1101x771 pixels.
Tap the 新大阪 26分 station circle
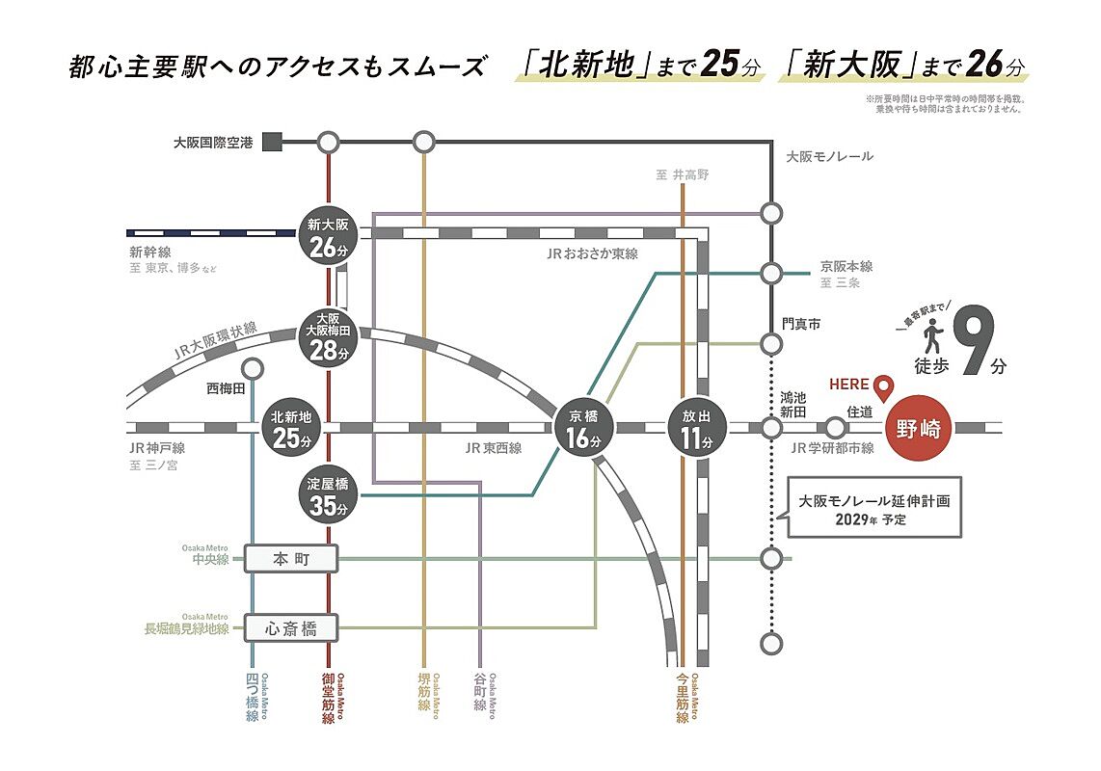point(328,236)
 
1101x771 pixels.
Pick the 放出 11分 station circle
point(696,428)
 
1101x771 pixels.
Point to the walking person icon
point(932,338)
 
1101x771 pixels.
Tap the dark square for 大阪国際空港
point(272,143)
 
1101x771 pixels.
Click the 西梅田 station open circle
point(253,368)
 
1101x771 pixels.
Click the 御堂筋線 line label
point(328,699)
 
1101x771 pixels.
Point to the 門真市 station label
point(800,325)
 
